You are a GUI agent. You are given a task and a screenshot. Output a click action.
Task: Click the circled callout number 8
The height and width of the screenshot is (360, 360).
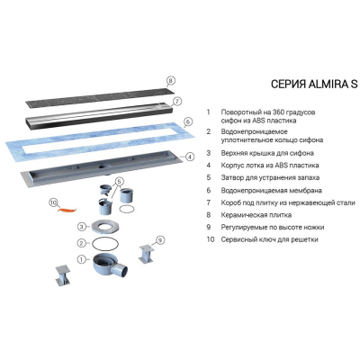click(170, 81)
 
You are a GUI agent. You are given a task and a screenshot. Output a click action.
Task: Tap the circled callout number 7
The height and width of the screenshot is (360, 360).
click(177, 102)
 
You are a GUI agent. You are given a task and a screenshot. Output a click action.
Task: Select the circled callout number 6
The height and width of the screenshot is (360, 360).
click(187, 121)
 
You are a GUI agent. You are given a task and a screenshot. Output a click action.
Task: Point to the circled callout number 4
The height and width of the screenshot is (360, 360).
click(190, 157)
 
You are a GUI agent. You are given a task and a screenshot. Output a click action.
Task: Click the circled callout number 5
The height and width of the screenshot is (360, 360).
click(119, 182)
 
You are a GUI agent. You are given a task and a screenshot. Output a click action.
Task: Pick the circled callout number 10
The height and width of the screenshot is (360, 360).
click(53, 203)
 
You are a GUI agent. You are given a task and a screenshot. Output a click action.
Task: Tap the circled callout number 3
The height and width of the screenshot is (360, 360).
click(82, 227)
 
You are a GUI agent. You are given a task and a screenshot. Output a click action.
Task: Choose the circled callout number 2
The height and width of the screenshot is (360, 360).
click(81, 243)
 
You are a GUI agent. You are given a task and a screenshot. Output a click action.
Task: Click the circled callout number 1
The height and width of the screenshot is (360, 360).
click(81, 259)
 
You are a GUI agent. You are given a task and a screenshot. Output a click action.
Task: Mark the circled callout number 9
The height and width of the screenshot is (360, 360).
click(160, 240)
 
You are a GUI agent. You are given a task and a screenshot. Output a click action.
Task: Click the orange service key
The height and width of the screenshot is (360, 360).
click(67, 210)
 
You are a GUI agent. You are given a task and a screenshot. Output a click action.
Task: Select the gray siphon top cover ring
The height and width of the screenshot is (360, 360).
click(106, 227)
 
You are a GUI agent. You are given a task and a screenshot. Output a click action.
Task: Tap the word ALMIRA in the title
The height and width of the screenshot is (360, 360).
click(328, 85)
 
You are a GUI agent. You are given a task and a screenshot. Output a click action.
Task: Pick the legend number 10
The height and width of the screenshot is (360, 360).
click(211, 239)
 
